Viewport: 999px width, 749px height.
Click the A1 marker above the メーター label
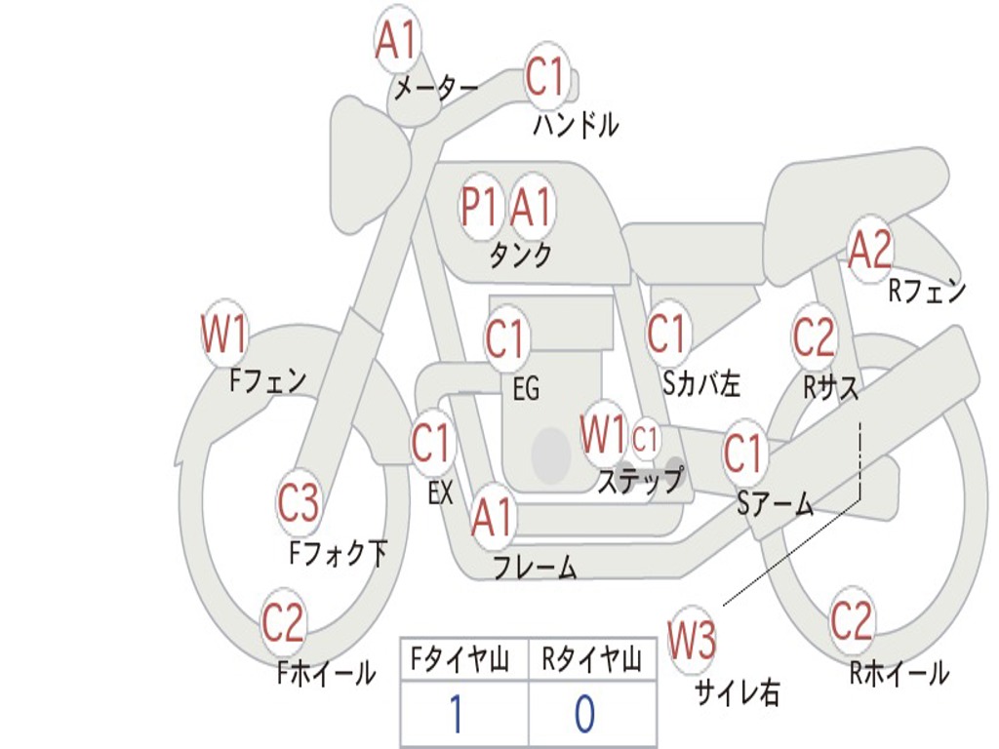(x=396, y=42)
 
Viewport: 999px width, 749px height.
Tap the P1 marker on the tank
(x=479, y=207)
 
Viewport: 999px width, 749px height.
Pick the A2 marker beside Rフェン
(x=869, y=250)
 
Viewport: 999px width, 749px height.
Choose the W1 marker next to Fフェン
(x=223, y=335)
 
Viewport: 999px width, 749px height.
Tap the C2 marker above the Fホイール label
(x=283, y=622)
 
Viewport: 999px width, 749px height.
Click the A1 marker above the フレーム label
(x=492, y=517)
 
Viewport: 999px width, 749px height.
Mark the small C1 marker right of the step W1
(x=646, y=438)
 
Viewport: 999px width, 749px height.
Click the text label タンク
(x=520, y=256)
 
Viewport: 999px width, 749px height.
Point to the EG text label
(x=526, y=389)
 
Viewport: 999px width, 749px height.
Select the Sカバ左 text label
(x=700, y=384)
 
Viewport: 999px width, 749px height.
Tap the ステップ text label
(x=640, y=480)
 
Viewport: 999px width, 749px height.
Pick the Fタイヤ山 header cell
(x=463, y=661)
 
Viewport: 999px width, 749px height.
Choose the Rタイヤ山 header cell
(x=591, y=661)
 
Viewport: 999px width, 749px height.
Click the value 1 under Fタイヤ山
(x=455, y=715)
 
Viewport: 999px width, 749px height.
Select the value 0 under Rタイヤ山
(x=583, y=715)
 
